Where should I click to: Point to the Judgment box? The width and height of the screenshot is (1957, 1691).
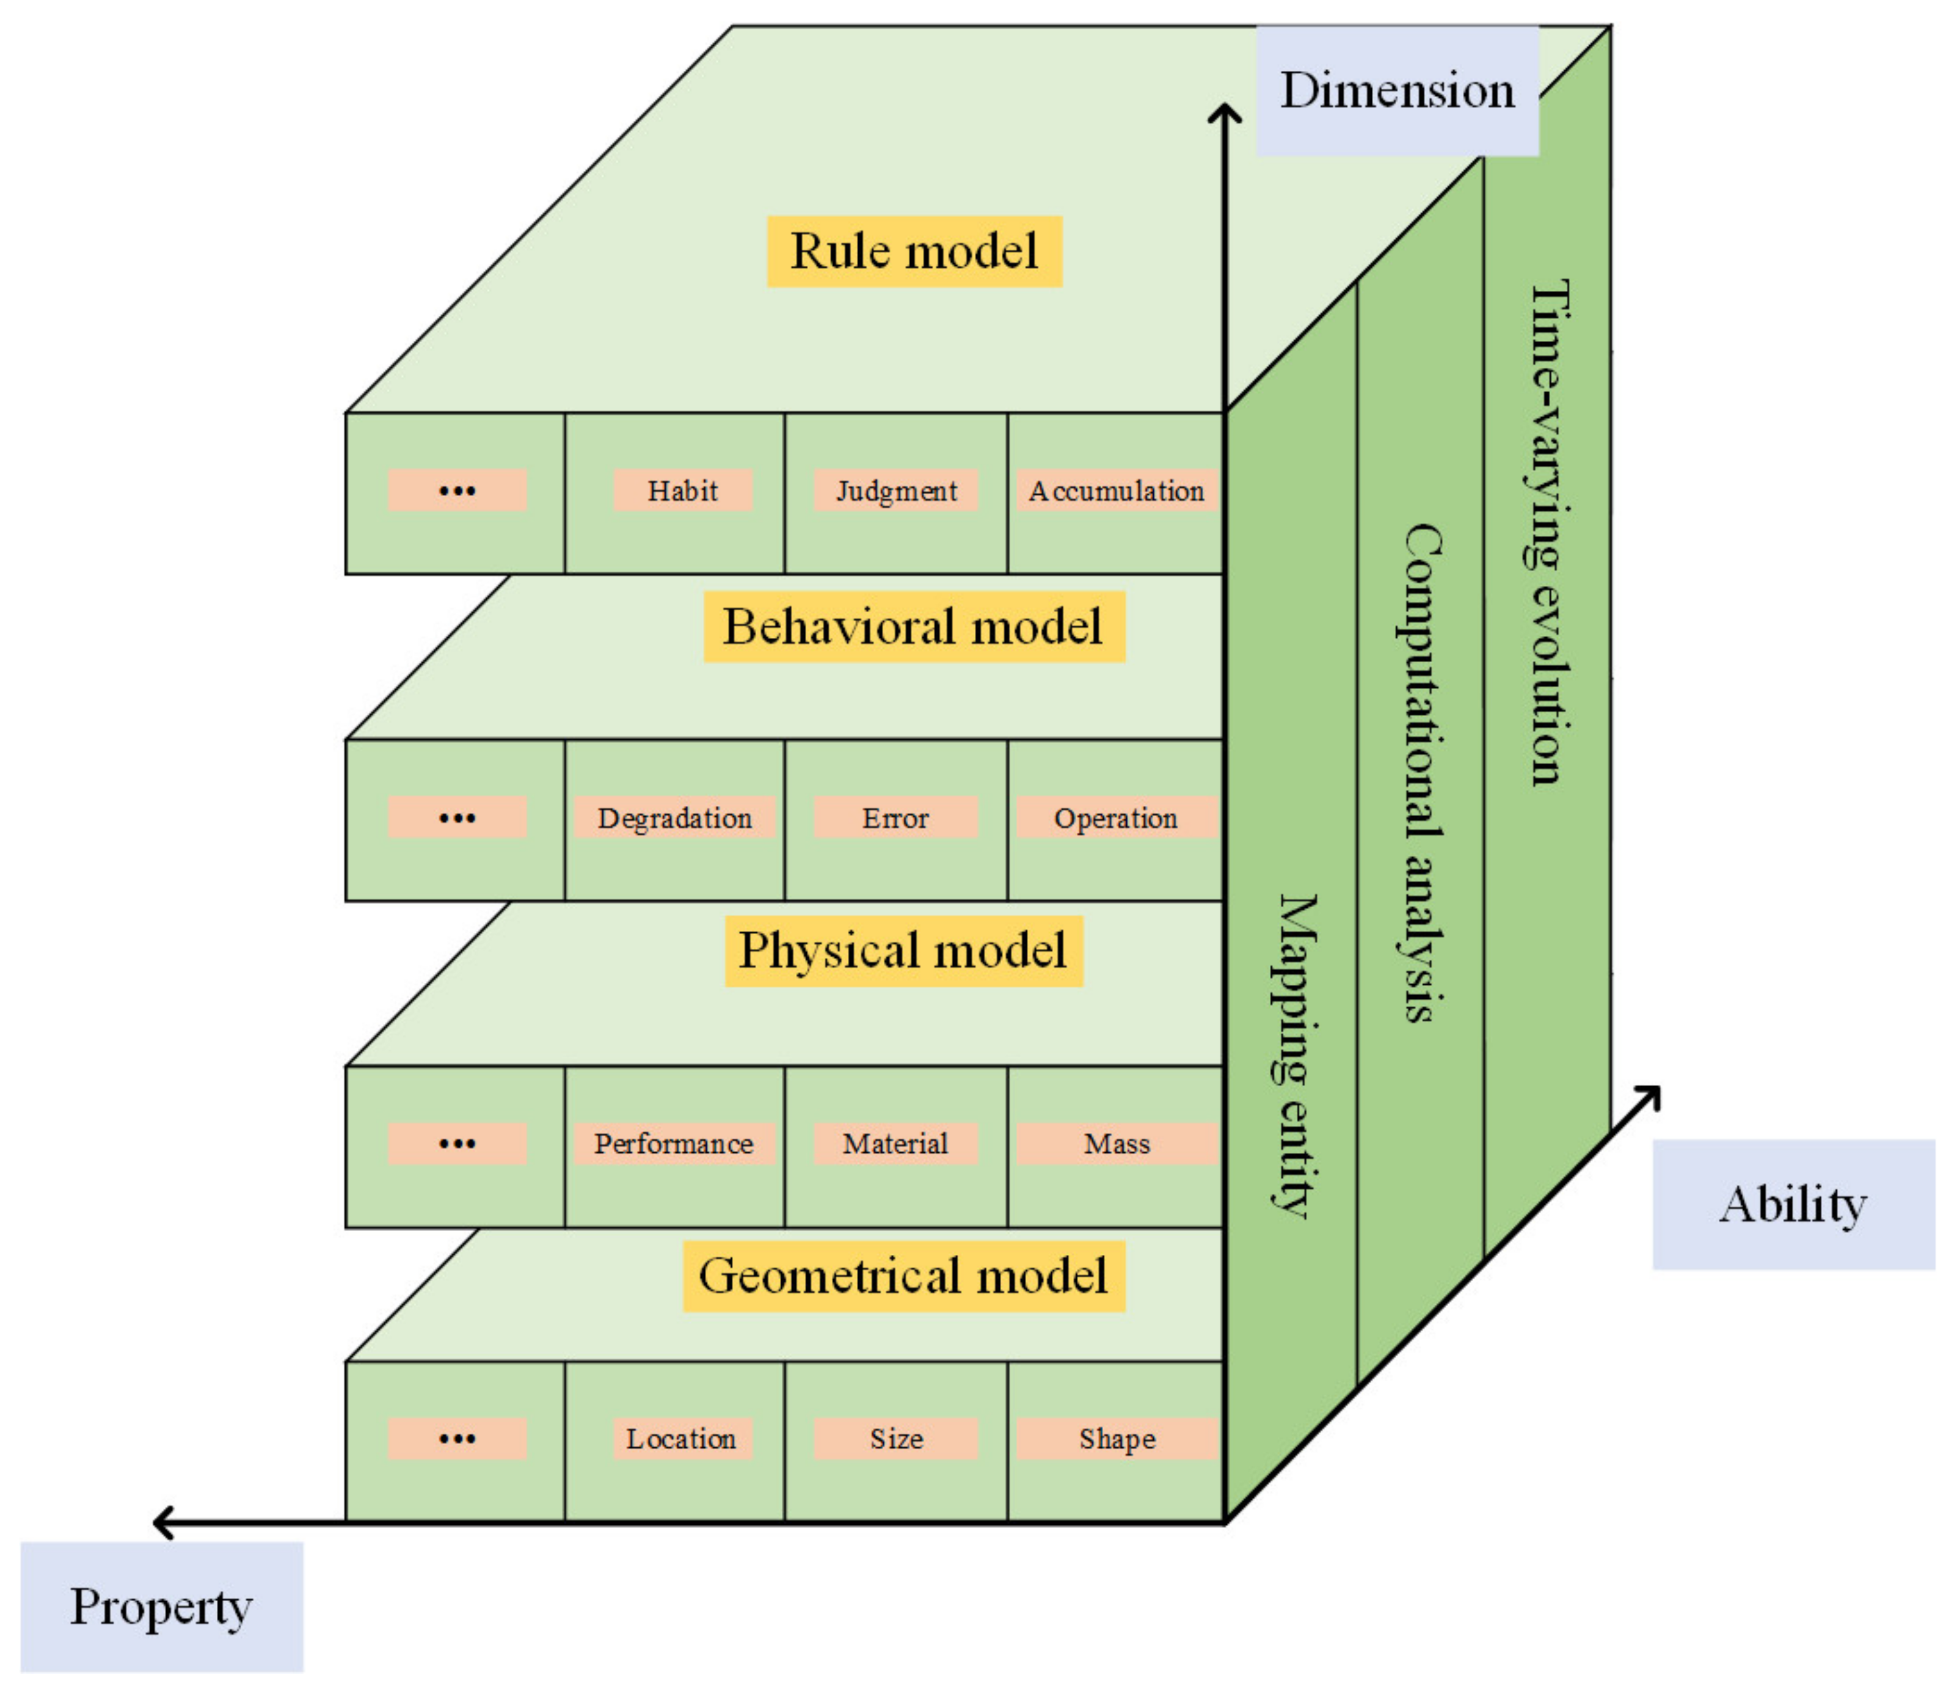(895, 491)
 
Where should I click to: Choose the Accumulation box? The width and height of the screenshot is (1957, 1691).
(1117, 491)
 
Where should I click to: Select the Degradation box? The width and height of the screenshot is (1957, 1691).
(674, 817)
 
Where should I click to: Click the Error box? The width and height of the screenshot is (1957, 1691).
(895, 817)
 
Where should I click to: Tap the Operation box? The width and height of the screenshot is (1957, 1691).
(1117, 817)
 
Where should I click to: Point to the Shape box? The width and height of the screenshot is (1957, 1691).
(1117, 1438)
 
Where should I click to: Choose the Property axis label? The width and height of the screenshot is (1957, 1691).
(161, 1607)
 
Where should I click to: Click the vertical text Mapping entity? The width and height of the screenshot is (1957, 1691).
(1293, 1056)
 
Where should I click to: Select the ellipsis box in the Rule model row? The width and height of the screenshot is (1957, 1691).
(457, 491)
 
